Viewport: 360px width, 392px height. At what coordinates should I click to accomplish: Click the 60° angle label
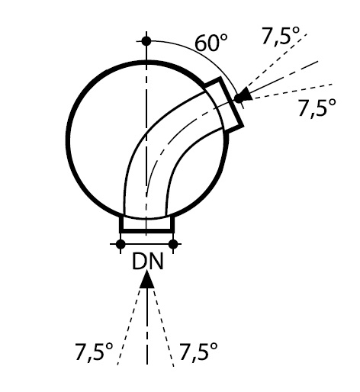pos(211,43)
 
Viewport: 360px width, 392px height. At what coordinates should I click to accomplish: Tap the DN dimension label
pos(147,262)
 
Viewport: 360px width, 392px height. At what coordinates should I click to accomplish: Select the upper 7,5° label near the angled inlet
pos(281,36)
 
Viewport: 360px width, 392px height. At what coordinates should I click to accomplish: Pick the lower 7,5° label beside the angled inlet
pos(317,108)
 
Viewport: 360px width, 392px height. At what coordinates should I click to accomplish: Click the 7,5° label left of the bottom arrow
pos(94,352)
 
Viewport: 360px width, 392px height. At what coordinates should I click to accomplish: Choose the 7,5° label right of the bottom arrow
pos(198,352)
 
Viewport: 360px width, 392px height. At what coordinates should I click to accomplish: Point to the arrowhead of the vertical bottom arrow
pos(147,279)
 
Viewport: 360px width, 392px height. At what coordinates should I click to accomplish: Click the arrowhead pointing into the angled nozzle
pos(246,94)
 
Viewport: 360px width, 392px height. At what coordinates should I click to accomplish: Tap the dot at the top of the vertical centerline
pos(146,41)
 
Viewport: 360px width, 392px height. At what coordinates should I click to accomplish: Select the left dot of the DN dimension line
pos(121,244)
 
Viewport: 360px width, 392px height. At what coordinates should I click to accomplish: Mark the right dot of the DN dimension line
pos(173,244)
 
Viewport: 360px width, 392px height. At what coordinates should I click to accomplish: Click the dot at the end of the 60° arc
pos(239,98)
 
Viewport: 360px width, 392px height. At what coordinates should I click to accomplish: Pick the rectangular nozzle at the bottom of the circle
pos(147,224)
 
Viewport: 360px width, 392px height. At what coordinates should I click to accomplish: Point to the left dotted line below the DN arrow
pos(129,326)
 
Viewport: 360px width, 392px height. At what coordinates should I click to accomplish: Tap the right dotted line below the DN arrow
pos(163,328)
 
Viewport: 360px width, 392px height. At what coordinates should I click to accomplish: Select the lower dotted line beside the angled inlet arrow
pos(292,91)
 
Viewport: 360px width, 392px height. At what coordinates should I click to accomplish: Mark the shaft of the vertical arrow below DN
pos(147,326)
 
